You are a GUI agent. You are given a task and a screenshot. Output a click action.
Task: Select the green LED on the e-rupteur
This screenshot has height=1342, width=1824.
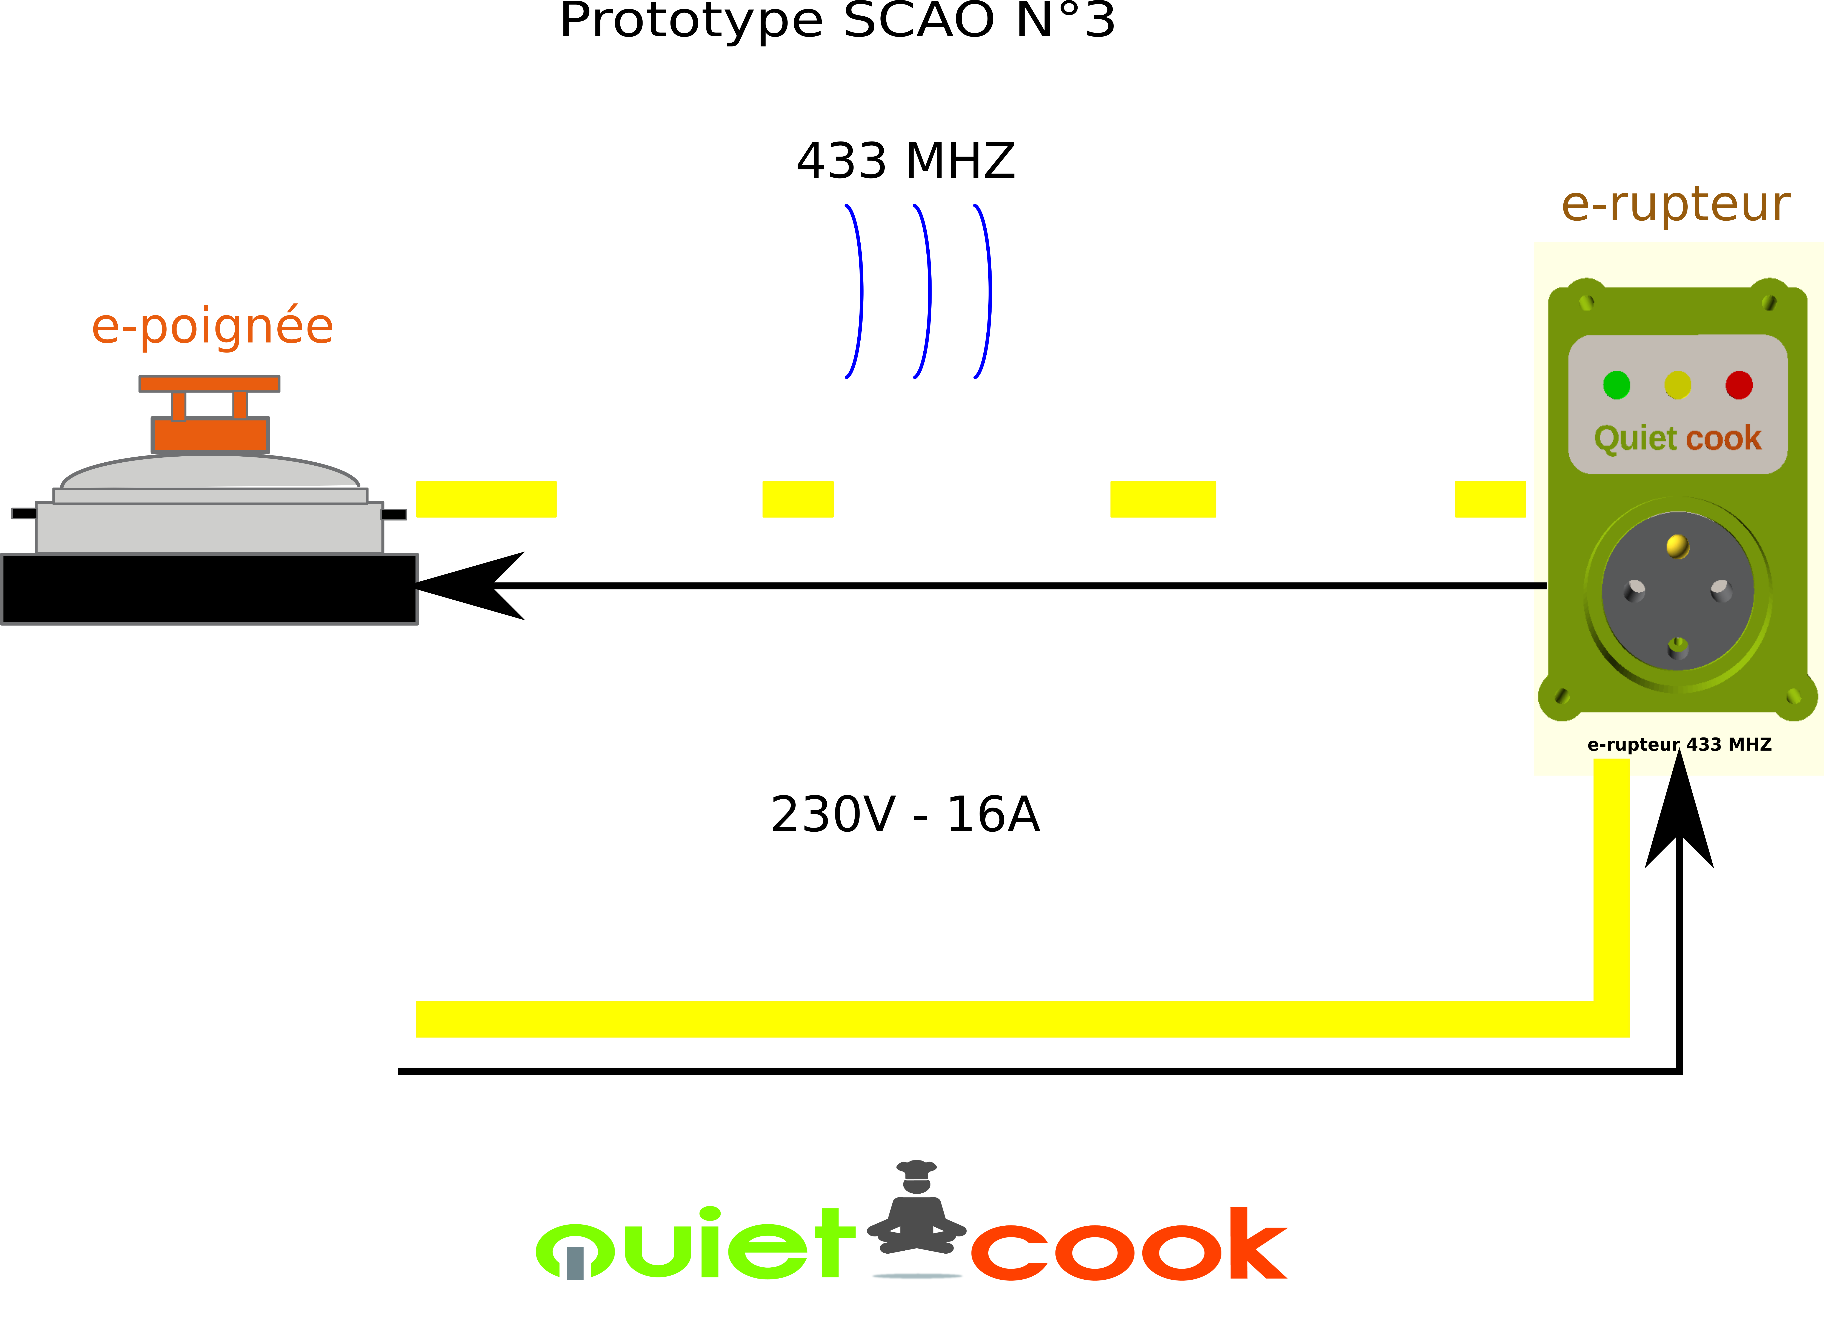pyautogui.click(x=1616, y=385)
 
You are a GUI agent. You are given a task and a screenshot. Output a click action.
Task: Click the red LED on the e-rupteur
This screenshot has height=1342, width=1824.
pyautogui.click(x=1739, y=385)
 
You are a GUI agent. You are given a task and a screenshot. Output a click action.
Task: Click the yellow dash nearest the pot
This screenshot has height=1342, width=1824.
pyautogui.click(x=486, y=499)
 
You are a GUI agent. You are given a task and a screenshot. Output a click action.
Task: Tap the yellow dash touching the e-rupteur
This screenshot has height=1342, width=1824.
pyautogui.click(x=1489, y=499)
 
